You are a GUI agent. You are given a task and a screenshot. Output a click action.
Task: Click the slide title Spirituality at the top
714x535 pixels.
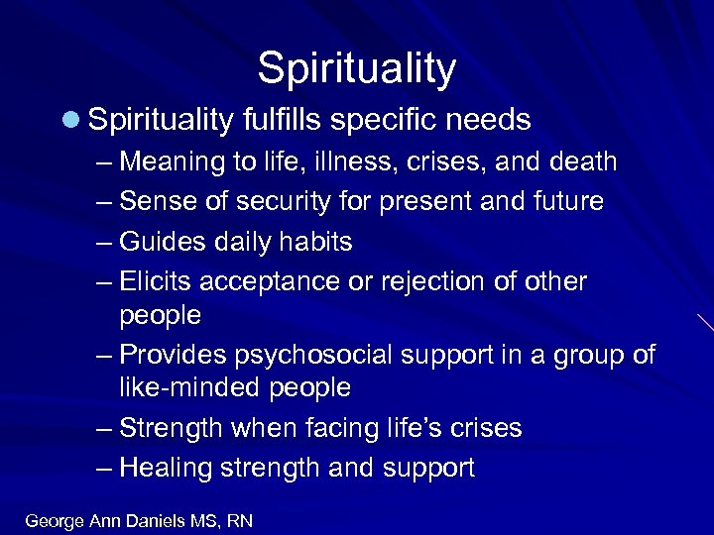(x=356, y=68)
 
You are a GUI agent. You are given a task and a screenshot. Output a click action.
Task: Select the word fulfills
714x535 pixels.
(x=283, y=121)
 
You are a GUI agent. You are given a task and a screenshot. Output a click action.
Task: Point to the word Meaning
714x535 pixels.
(x=172, y=161)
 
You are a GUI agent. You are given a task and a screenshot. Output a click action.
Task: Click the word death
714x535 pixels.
(x=579, y=161)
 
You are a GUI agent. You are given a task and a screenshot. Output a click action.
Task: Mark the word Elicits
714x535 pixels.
(x=156, y=282)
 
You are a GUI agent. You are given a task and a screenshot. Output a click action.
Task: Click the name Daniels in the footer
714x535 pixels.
(x=161, y=520)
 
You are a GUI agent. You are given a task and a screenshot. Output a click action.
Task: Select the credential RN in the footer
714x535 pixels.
(x=239, y=520)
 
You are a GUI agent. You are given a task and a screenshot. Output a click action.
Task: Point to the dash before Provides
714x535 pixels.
(x=105, y=356)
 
